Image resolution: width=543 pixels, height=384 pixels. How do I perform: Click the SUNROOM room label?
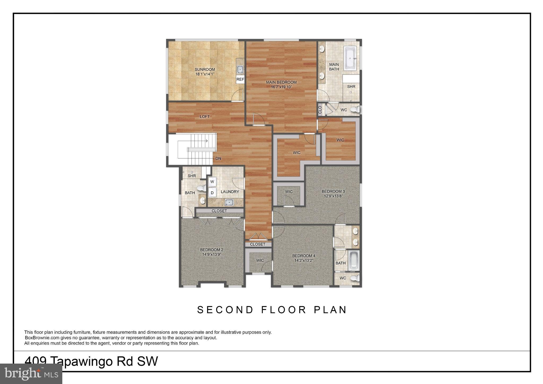205,70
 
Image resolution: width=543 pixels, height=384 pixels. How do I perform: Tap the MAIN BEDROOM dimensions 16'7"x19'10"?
281,87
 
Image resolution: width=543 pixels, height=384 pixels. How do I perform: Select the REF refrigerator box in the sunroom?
240,79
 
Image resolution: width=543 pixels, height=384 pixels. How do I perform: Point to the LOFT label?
205,117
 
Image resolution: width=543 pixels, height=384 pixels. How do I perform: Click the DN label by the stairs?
218,158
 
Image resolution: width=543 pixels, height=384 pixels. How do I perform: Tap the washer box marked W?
212,182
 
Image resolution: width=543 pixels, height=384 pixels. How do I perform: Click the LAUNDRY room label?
230,192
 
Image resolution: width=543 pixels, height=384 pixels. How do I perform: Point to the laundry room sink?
229,203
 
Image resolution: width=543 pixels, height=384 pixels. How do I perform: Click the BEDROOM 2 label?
212,250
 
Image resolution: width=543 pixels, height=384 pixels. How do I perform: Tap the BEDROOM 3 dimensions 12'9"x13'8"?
333,196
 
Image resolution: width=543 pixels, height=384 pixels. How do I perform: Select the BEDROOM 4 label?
304,256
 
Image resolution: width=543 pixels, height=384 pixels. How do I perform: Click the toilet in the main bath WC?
355,110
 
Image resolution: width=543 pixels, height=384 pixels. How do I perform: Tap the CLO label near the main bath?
320,110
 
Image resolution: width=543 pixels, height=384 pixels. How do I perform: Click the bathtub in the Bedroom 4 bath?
354,261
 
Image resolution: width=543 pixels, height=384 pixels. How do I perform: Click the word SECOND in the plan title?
225,310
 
